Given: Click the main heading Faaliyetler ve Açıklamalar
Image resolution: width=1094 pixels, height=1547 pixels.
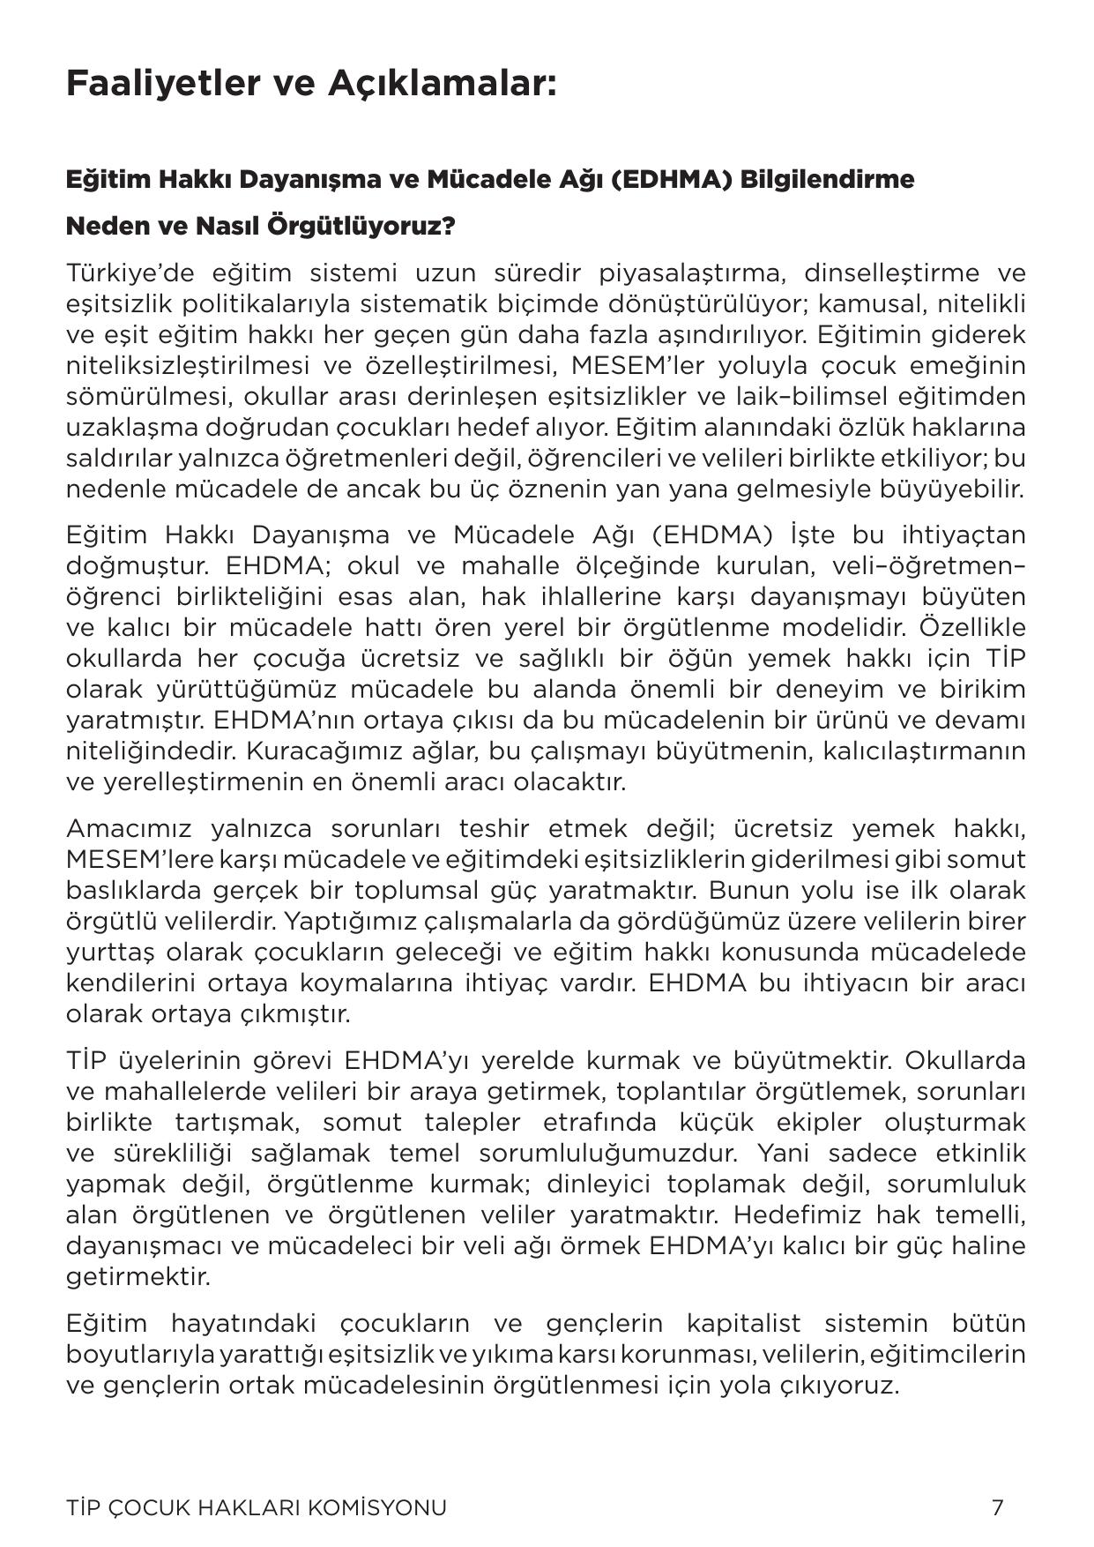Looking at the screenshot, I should tap(311, 85).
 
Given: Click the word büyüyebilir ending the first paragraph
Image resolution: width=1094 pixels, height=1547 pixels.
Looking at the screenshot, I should tap(967, 489).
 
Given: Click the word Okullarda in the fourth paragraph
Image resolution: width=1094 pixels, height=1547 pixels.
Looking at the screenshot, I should tap(964, 1060).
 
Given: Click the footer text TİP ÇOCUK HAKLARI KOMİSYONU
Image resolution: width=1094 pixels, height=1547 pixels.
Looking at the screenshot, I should tap(256, 1507).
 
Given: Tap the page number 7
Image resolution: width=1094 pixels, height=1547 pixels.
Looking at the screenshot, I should tap(997, 1507).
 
